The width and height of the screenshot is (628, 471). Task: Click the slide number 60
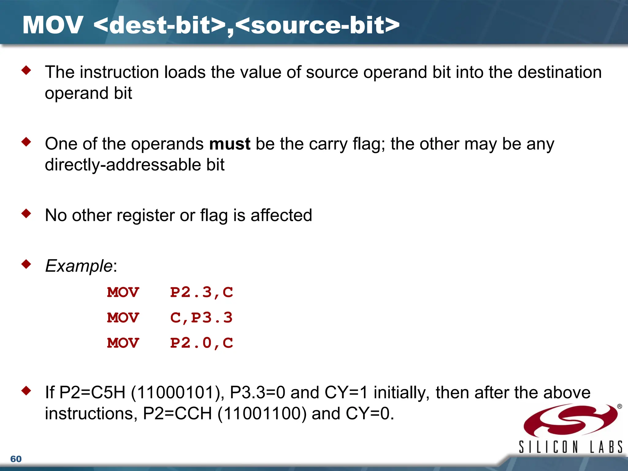[16, 459]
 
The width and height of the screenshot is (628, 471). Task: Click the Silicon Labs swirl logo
[570, 420]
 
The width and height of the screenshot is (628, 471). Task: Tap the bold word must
[230, 144]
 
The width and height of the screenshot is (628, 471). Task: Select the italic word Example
[79, 266]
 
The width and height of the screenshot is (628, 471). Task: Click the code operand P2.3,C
[201, 292]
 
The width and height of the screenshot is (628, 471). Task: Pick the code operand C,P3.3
[201, 318]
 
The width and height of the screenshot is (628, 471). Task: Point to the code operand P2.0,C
[201, 343]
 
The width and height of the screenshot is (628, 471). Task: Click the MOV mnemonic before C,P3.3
[123, 318]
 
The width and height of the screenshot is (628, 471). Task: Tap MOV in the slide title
[53, 25]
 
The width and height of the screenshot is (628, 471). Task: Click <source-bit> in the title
[318, 25]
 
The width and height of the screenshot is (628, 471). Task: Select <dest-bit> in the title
[159, 25]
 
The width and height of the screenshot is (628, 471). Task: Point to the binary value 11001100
[262, 413]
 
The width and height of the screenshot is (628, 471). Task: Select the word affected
[281, 215]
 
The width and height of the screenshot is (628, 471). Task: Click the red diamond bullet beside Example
[26, 264]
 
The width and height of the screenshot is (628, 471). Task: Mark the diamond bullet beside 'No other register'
[26, 213]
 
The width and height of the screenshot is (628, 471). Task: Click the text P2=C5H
[92, 392]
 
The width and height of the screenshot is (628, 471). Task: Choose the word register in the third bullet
[146, 215]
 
